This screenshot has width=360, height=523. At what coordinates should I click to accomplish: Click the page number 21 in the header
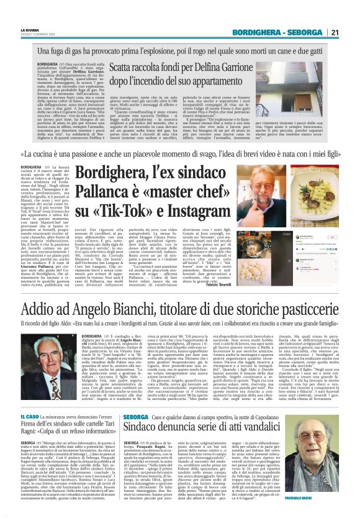[351, 33]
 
